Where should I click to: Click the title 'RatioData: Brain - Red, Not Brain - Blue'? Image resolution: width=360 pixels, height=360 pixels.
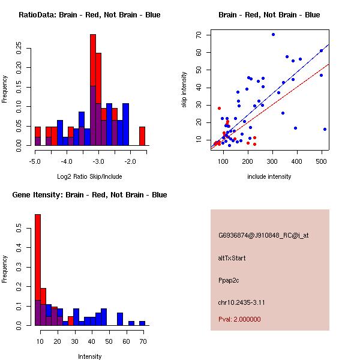[x=89, y=15]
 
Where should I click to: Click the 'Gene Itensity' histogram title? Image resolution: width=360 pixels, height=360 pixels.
[x=89, y=195]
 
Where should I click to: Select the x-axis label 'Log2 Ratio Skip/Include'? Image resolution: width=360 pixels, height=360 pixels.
[x=89, y=176]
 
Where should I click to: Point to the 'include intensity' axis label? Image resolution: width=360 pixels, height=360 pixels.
[x=269, y=176]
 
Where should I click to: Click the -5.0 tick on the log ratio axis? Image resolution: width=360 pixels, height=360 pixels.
[x=35, y=161]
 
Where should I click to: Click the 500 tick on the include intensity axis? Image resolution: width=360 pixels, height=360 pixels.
[x=322, y=161]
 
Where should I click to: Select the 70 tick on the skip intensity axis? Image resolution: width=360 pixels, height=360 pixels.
[x=198, y=35]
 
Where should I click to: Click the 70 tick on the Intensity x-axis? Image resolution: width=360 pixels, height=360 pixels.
[x=142, y=341]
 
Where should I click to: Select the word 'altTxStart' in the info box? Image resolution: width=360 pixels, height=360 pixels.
[x=232, y=258]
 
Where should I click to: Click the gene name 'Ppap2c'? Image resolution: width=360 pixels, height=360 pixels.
[x=228, y=280]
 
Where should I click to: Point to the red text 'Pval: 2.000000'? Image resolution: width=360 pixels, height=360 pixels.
[x=240, y=319]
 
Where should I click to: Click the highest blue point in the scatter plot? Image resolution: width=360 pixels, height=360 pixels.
[x=273, y=34]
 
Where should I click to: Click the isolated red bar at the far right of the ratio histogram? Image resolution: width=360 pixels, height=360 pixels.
[x=142, y=136]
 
